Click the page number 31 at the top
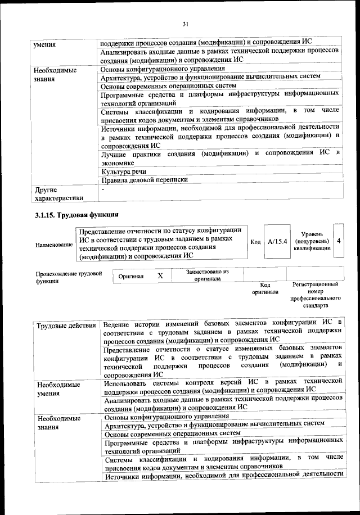(x=185, y=23)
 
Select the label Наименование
(x=53, y=245)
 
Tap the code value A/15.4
(x=277, y=241)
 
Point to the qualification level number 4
(x=338, y=241)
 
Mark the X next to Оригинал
(x=160, y=276)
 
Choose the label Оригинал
(x=131, y=277)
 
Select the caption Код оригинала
(x=261, y=288)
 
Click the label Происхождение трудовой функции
(x=68, y=277)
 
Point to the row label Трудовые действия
(x=66, y=326)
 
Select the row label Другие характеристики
(x=58, y=194)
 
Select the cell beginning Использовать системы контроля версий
(x=223, y=385)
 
